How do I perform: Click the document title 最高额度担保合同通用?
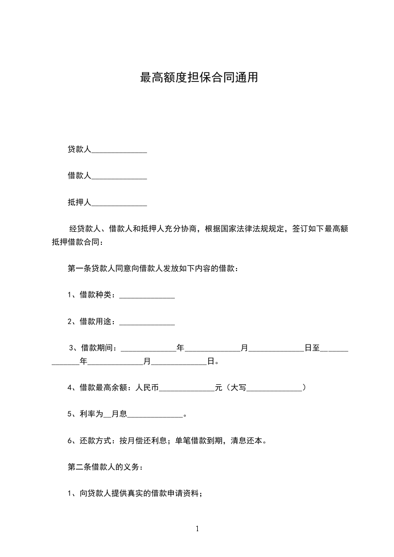pos(199,78)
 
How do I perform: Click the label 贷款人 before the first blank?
pos(79,149)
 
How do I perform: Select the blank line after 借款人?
pos(119,176)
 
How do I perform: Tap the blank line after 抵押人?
pos(119,203)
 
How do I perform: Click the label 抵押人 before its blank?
pos(79,203)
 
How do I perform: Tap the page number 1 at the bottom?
pos(197,529)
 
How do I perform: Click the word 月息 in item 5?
pos(120,414)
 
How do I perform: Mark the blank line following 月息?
pos(156,415)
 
